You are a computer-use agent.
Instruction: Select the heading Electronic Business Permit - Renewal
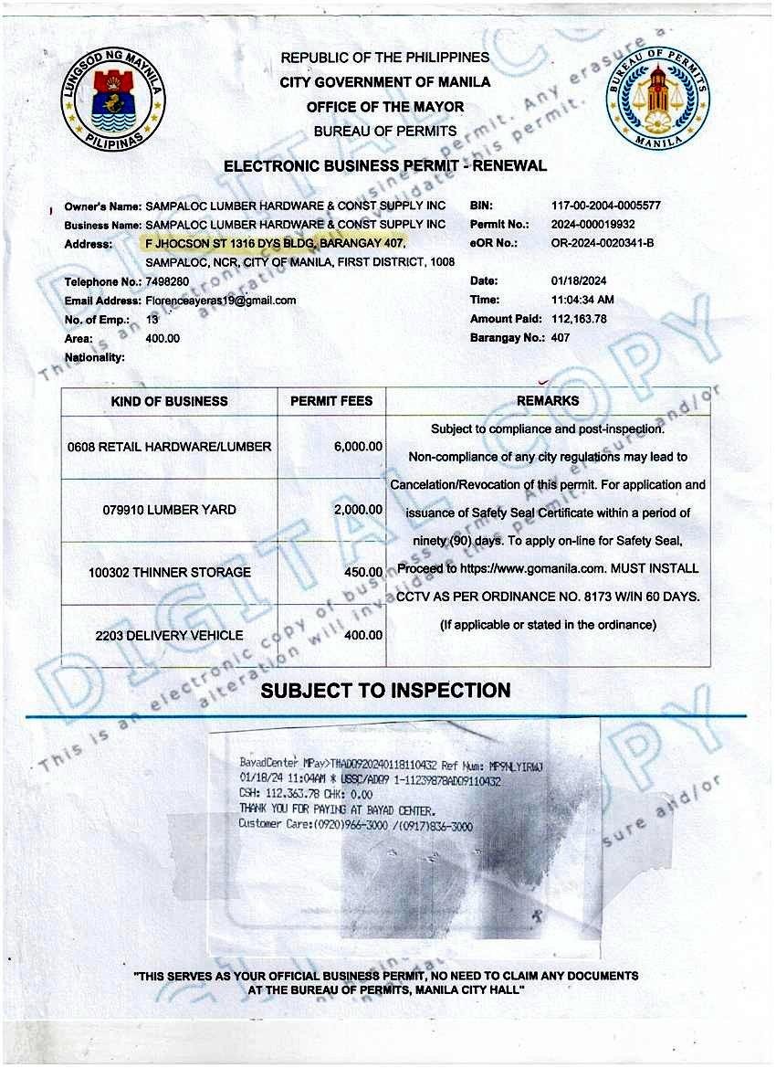(385, 166)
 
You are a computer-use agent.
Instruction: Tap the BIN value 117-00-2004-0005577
(605, 206)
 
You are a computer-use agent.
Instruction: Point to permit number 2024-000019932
(594, 225)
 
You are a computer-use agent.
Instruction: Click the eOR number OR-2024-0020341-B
(603, 243)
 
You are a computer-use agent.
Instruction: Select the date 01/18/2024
(579, 281)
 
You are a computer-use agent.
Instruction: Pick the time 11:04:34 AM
(582, 300)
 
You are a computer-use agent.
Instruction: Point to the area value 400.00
(163, 338)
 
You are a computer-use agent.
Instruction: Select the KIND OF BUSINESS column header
(170, 401)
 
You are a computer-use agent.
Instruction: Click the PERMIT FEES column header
(331, 401)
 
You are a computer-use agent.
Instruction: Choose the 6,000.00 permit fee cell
(357, 447)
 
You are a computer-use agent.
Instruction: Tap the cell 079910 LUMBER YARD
(170, 510)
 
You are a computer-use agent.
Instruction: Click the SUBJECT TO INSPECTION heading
(385, 691)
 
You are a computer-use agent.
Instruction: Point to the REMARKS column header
(548, 401)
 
